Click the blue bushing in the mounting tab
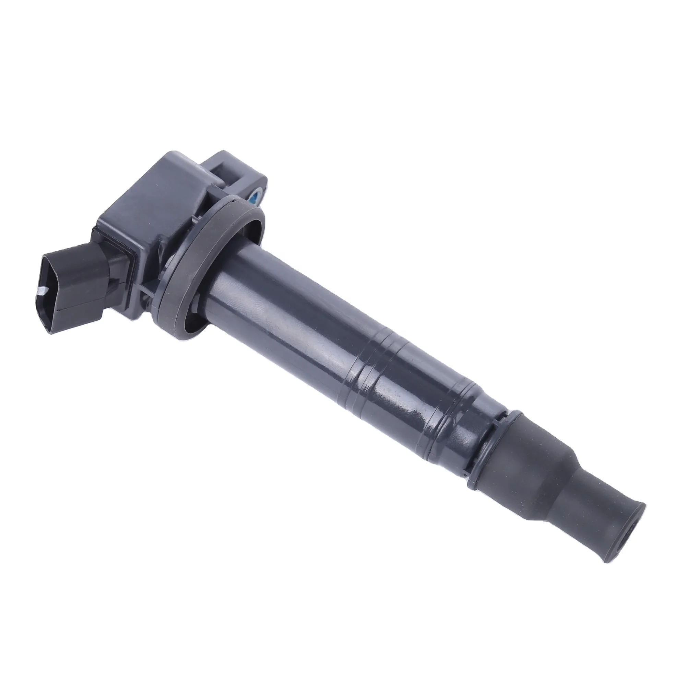[256, 194]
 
